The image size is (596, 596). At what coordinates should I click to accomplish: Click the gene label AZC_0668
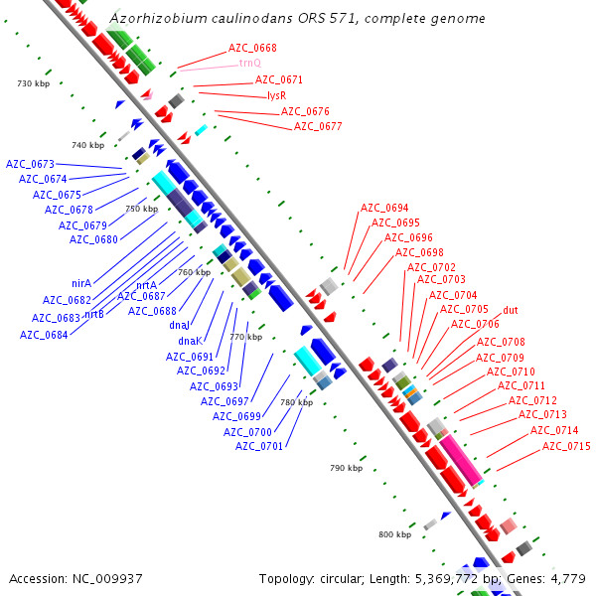[252, 48]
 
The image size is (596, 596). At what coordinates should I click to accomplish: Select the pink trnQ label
[249, 64]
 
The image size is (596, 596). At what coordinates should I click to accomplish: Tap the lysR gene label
[277, 95]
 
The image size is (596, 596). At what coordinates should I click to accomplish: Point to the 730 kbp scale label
[34, 83]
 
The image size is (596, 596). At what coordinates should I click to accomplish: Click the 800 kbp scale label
[394, 534]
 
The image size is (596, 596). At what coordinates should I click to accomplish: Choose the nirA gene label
[81, 283]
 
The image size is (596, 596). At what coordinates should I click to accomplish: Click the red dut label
[511, 311]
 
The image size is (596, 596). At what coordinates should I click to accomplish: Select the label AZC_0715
[566, 447]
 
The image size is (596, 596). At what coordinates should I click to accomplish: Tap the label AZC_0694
[384, 209]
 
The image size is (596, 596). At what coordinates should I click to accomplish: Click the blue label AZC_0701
[259, 446]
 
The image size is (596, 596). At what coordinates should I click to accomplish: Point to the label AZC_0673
[30, 164]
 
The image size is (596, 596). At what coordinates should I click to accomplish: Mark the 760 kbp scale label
[194, 272]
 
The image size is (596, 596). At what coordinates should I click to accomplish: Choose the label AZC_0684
[44, 335]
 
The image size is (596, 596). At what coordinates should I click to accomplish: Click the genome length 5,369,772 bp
[437, 578]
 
